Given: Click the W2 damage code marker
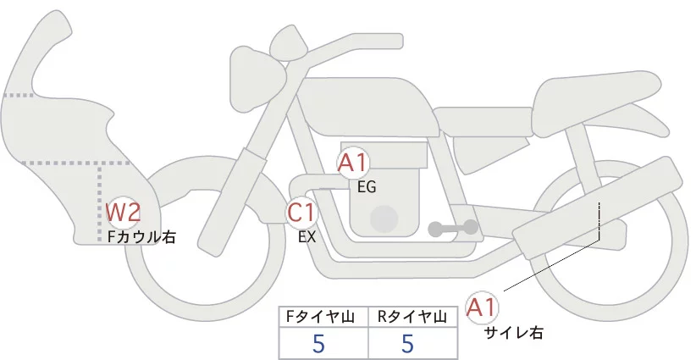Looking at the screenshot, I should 123,212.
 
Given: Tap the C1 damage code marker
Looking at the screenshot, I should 301,213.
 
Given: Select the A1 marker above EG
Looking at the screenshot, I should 353,163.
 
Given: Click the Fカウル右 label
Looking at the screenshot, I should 142,237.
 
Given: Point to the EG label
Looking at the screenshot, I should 367,187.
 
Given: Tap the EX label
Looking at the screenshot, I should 307,237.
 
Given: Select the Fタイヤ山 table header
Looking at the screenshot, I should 324,317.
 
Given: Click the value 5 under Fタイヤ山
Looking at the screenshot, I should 319,344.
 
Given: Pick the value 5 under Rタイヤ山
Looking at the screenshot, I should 408,344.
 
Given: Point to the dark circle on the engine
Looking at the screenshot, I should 385,219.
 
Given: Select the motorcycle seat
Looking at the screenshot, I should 593,93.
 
